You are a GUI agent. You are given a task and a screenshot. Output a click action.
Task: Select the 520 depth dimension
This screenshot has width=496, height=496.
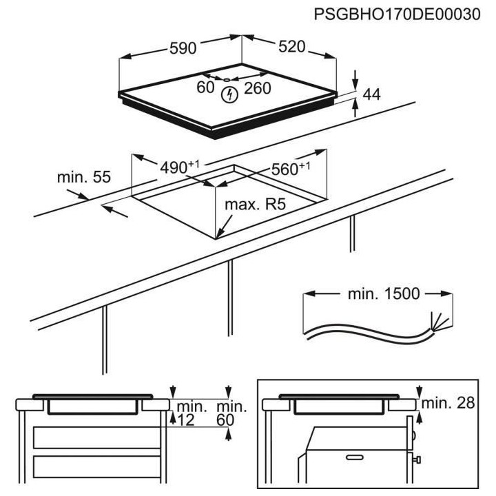click(x=291, y=48)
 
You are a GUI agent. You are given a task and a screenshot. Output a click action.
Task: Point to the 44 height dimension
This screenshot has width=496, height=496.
click(x=371, y=94)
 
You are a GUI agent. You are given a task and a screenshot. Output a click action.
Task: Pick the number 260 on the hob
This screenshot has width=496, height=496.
click(x=257, y=88)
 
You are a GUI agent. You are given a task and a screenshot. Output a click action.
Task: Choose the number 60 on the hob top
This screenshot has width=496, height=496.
click(x=205, y=88)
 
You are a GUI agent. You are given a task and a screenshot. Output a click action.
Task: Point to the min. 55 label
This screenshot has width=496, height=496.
click(x=84, y=177)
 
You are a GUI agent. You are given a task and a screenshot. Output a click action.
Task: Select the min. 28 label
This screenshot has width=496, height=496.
click(x=448, y=403)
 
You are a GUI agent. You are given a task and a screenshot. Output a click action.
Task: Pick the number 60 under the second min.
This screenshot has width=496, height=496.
click(x=225, y=420)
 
